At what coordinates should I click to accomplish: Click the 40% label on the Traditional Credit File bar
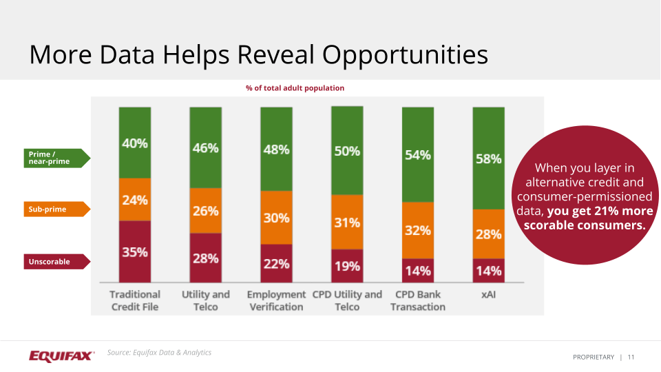tap(135, 144)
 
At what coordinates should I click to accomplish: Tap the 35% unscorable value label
tap(135, 252)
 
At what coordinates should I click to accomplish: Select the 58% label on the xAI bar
tap(488, 159)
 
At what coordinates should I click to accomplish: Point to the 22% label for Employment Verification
tap(276, 264)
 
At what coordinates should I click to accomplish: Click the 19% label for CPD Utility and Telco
tap(347, 267)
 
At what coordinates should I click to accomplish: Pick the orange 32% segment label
tap(417, 231)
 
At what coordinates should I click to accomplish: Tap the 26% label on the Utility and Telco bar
tap(206, 211)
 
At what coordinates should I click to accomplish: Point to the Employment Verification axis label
tap(276, 300)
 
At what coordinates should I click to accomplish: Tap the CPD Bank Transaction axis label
tap(417, 300)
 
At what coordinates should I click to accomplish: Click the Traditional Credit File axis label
tap(135, 300)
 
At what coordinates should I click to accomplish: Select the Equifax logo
tap(61, 355)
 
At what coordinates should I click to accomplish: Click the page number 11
tap(631, 357)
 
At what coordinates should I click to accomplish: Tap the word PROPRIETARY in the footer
tap(593, 357)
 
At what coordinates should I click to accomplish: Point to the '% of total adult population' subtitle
tap(295, 88)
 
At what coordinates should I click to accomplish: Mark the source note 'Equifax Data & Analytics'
tap(159, 353)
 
